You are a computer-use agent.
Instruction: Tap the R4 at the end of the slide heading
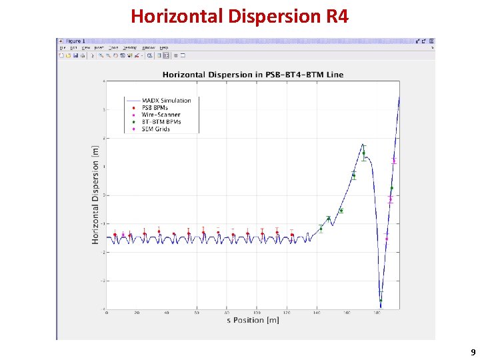coord(337,16)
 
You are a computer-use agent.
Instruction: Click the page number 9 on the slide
coord(473,351)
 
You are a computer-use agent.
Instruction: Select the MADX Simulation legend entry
coord(167,101)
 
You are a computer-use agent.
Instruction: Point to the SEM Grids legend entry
coord(157,129)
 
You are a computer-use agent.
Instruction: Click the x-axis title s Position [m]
coord(252,321)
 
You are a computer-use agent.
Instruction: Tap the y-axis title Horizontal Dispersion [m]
coord(96,194)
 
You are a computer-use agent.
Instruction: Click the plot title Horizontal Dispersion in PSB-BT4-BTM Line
coord(253,74)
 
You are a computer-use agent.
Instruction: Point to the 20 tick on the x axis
coord(137,313)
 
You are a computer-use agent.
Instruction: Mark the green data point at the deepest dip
coord(381,301)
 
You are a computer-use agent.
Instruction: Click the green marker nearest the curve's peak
coord(363,153)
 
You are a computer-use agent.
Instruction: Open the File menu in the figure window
coord(63,48)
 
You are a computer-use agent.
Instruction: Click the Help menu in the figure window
coord(163,48)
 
